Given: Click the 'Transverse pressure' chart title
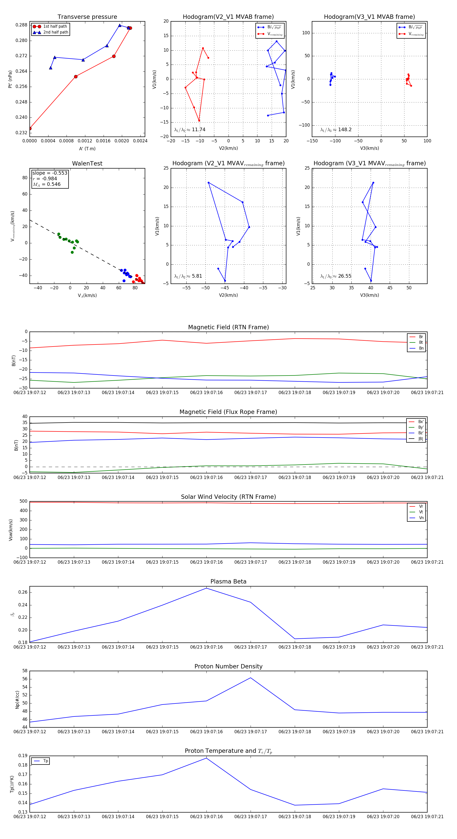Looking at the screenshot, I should pyautogui.click(x=87, y=17).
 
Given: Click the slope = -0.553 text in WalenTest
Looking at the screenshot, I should pyautogui.click(x=50, y=173).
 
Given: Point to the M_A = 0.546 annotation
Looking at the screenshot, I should pyautogui.click(x=46, y=184).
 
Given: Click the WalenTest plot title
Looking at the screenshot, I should pyautogui.click(x=87, y=163).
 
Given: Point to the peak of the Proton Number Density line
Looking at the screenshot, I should pyautogui.click(x=250, y=678).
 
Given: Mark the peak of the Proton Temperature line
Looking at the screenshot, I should pyautogui.click(x=206, y=758).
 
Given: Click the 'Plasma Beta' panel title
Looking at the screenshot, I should pyautogui.click(x=228, y=581).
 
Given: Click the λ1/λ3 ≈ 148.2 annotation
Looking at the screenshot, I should pyautogui.click(x=336, y=130).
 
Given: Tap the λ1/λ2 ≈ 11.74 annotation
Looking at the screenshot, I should pyautogui.click(x=190, y=130).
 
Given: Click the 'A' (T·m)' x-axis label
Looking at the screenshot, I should pyautogui.click(x=87, y=148).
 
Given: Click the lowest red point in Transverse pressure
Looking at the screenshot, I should pyautogui.click(x=30, y=128).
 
